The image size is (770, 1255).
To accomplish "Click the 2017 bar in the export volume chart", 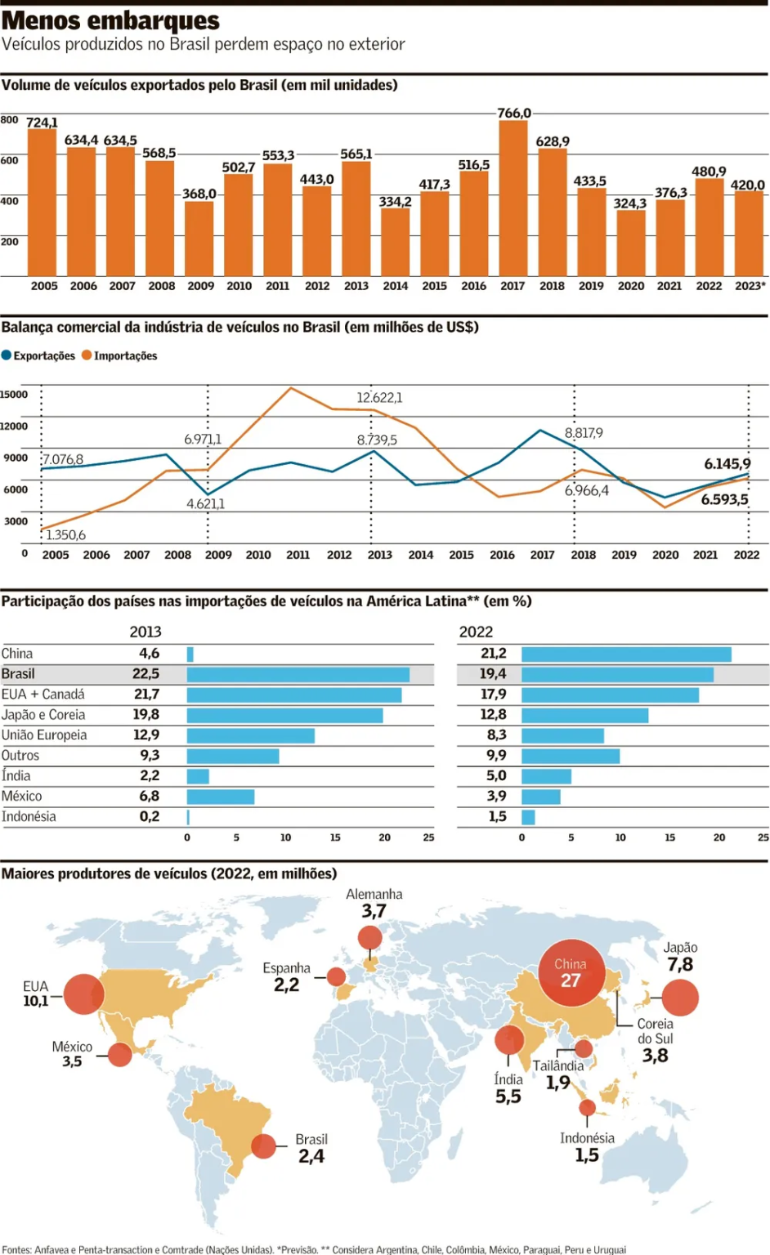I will tap(513, 199).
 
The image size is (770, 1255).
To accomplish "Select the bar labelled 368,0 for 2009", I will tap(199, 238).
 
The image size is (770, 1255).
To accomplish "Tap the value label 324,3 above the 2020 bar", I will tap(629, 203).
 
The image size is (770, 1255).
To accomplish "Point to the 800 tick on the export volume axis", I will tap(9, 120).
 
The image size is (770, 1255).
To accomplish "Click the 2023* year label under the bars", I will tap(750, 286).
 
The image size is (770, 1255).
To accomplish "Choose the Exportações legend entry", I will tap(38, 356).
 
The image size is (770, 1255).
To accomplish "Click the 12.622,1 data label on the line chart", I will tap(379, 398).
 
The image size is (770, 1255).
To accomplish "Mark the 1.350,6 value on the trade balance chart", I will tap(65, 535).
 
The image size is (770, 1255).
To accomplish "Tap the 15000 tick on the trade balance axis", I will tap(13, 395).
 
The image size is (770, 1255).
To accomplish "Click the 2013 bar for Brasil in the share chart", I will tap(298, 675).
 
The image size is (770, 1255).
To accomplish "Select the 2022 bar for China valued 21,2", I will tap(626, 654).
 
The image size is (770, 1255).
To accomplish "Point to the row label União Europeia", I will tap(44, 735).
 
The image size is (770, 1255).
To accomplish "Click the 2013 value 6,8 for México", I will tap(149, 797).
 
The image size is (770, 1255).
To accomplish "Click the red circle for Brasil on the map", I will tap(263, 1146).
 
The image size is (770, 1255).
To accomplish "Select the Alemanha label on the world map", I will tap(374, 895).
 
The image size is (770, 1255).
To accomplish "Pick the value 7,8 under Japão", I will tap(680, 965).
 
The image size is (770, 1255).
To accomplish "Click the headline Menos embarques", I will tap(110, 20).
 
